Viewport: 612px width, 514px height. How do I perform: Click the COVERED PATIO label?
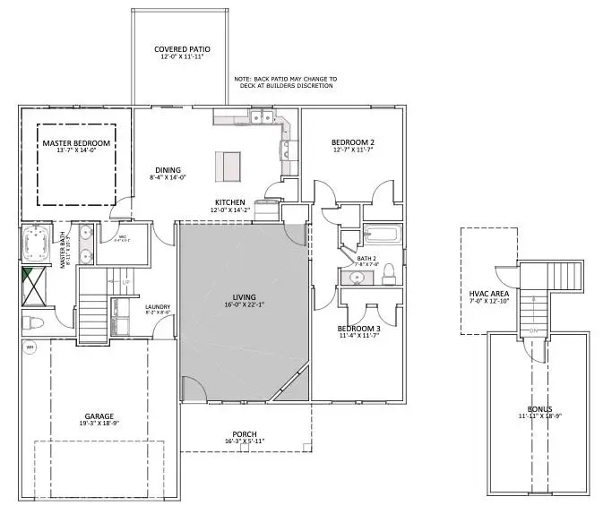coord(179,49)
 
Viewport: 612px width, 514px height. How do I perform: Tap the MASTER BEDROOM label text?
coord(76,143)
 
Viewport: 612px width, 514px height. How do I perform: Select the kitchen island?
coord(228,165)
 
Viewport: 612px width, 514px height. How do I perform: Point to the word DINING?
coord(168,170)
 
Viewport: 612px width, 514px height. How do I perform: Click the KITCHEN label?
coord(230,202)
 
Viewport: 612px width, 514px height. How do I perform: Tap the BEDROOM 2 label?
coord(352,142)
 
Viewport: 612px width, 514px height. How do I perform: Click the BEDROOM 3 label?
coord(359,329)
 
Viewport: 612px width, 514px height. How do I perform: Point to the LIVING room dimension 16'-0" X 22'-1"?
coord(244,306)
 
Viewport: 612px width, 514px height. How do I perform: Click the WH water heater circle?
coord(30,348)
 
